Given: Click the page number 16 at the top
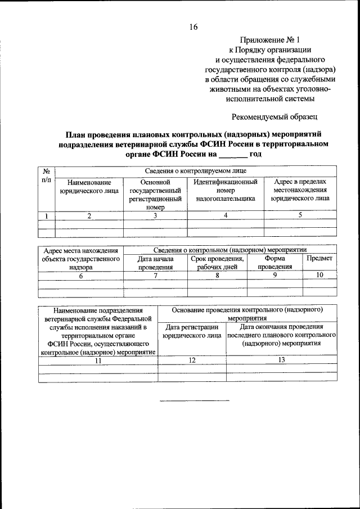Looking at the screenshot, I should (193, 27).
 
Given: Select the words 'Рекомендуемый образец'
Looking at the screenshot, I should (275, 117).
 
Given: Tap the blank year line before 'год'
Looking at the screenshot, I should (232, 155).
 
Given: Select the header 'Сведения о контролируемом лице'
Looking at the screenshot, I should (195, 171).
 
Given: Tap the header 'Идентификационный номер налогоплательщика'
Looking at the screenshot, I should (226, 191).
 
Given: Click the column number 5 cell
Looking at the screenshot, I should (300, 215).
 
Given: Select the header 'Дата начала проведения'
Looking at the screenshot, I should (155, 263).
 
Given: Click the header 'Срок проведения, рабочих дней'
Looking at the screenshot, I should (217, 263).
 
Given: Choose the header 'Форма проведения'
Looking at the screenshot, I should (274, 263).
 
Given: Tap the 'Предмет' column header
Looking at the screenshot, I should (319, 258).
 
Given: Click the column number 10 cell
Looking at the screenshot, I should (319, 275).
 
